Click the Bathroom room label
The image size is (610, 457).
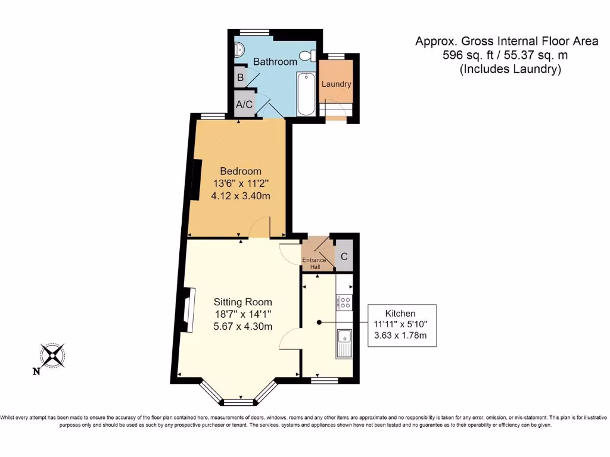(x=275, y=61)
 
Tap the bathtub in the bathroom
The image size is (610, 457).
(x=306, y=94)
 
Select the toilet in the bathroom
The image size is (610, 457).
(x=309, y=55)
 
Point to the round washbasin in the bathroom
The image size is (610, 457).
(x=239, y=49)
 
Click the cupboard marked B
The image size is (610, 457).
(x=241, y=77)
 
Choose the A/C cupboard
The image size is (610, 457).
(x=244, y=104)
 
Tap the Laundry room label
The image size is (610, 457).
(x=336, y=84)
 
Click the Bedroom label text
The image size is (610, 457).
(x=241, y=171)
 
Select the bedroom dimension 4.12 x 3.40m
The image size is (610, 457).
(x=241, y=196)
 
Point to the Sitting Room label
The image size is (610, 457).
(x=243, y=302)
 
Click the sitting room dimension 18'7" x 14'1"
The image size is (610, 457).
(x=243, y=314)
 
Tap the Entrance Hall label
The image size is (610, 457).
(x=315, y=264)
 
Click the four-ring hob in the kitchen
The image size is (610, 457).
(x=345, y=303)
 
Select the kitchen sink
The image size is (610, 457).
(x=345, y=343)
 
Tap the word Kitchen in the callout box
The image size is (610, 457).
(x=400, y=313)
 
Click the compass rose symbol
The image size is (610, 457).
(x=52, y=356)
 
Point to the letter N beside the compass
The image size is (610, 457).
(x=36, y=371)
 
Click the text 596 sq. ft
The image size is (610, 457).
(x=468, y=55)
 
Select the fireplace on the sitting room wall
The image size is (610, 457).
(x=188, y=309)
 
